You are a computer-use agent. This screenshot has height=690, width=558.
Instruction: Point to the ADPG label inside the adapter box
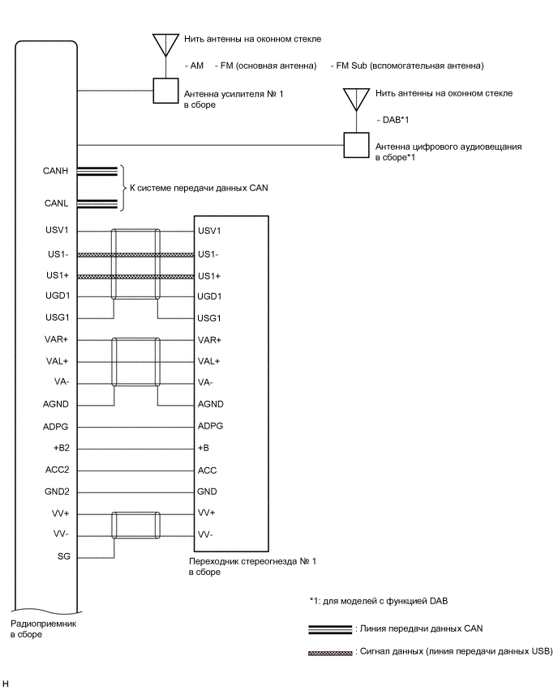(210, 425)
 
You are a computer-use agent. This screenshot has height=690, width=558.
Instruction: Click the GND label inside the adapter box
(207, 492)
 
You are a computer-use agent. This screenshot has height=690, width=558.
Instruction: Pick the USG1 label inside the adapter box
(209, 317)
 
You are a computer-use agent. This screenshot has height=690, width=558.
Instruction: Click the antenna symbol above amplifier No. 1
(165, 44)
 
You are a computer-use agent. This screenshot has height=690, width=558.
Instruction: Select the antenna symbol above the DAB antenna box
(356, 99)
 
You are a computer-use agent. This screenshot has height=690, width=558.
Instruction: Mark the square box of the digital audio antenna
(355, 145)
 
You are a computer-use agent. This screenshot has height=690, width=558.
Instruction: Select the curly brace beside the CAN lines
(122, 188)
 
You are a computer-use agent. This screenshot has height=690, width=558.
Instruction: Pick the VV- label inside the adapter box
(206, 535)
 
